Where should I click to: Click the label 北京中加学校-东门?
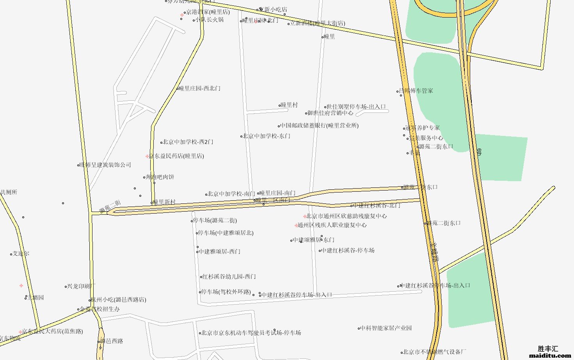[x=267, y=136]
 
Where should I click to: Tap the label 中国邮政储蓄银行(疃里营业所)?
[x=319, y=126]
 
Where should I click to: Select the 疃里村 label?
[x=290, y=105]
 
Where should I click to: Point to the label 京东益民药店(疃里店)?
[x=176, y=156]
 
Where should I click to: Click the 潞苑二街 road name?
[x=110, y=207]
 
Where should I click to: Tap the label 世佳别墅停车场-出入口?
[x=356, y=107]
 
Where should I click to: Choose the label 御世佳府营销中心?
[x=330, y=113]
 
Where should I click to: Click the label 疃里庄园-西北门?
[x=200, y=89]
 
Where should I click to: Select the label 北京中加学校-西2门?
[x=188, y=142]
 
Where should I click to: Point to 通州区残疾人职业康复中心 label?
[x=332, y=225]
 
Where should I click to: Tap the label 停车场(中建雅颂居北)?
[x=226, y=233]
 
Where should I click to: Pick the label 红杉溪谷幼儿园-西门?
[x=229, y=277]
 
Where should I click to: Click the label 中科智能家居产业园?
[x=386, y=328]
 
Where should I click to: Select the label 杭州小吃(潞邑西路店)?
[x=119, y=300]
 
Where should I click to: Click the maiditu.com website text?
[x=550, y=356]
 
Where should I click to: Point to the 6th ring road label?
[x=479, y=152]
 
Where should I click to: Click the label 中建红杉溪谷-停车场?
[x=348, y=251]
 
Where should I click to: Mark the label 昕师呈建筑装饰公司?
[x=105, y=165]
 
